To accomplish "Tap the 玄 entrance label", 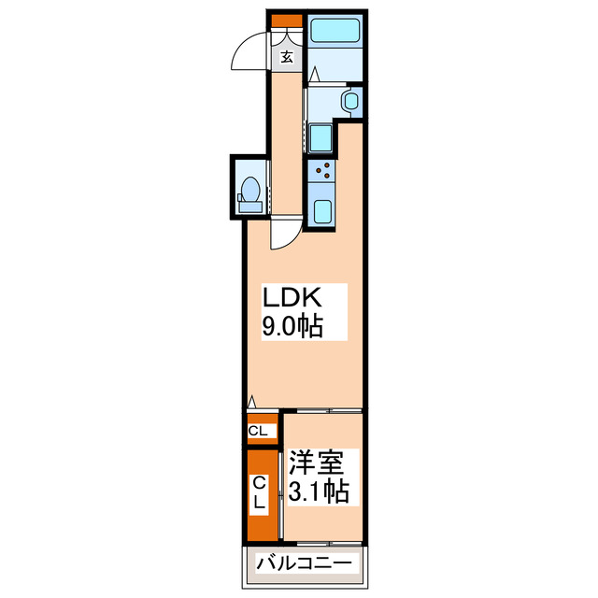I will tap(287, 56).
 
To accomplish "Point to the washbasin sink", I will tap(351, 101).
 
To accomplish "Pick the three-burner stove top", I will tap(323, 171).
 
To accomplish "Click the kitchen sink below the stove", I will tap(322, 210).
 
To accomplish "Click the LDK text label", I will tap(291, 298).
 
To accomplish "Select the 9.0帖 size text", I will tap(292, 326).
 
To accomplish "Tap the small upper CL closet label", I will tap(261, 431).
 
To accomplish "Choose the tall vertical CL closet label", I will tap(261, 494).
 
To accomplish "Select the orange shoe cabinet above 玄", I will tap(286, 21).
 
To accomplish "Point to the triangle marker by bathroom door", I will tap(315, 74).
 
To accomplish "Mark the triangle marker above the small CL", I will tap(250, 405).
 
